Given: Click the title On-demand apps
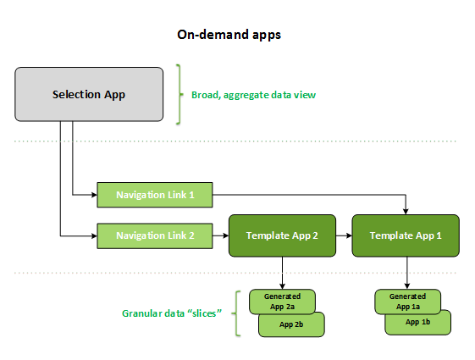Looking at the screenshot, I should [229, 35].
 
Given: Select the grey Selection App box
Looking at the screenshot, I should [89, 94].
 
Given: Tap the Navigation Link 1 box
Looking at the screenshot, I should [155, 195].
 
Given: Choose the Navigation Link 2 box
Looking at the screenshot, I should [155, 235].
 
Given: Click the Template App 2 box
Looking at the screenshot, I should [281, 235].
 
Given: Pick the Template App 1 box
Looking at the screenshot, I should [406, 235].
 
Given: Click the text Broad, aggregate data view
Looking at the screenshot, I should [253, 95].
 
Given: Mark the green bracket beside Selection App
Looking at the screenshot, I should [180, 94].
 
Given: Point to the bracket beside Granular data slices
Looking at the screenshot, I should [236, 313].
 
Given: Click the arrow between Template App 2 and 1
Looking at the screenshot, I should [343, 235].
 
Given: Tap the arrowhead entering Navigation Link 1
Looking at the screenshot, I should [93, 195].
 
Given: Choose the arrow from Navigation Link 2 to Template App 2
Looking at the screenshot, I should [220, 235].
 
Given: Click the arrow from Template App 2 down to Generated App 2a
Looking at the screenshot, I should [281, 273].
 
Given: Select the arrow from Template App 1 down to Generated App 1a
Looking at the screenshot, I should [407, 273].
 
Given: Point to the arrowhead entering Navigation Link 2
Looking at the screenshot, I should [93, 235].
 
